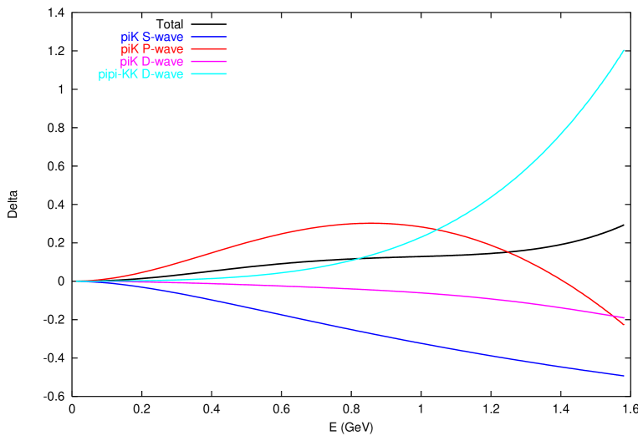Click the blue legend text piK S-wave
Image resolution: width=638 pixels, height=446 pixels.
click(152, 37)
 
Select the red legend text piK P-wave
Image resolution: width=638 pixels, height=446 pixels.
click(152, 49)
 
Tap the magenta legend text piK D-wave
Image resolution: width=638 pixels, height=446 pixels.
click(152, 62)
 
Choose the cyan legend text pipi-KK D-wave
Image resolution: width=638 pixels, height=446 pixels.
click(140, 74)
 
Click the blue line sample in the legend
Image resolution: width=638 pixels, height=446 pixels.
click(209, 37)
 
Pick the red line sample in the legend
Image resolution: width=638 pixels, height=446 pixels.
click(209, 49)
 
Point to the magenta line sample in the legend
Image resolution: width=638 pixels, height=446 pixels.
click(209, 62)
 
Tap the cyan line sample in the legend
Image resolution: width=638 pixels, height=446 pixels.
click(209, 74)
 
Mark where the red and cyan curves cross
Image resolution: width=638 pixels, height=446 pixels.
click(437, 230)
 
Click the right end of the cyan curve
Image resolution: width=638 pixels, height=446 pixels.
click(624, 50)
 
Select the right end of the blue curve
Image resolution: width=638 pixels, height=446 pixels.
click(624, 376)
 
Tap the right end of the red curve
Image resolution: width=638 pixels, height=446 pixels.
click(624, 323)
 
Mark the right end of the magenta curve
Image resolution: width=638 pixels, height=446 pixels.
click(624, 318)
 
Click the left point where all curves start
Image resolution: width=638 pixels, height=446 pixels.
click(77, 281)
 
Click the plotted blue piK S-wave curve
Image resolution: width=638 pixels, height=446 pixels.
click(334, 324)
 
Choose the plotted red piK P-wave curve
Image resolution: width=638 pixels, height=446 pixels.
click(251, 241)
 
